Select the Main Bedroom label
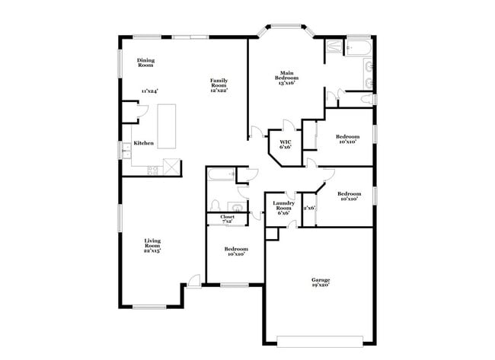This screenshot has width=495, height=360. pos(286,75)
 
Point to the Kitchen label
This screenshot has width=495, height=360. pos(144,143)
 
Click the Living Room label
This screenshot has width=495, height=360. pos(153,244)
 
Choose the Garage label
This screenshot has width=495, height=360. pos(320,280)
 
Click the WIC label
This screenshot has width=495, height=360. pos(286,142)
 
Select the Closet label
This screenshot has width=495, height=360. pos(228,217)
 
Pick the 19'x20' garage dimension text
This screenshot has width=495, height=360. pos(320,286)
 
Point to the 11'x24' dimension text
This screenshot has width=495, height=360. pos(148,91)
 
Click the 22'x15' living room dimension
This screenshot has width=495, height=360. pos(153,250)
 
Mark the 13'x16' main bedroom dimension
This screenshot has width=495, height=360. pos(286,83)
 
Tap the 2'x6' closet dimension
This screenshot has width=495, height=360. pos(309,208)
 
